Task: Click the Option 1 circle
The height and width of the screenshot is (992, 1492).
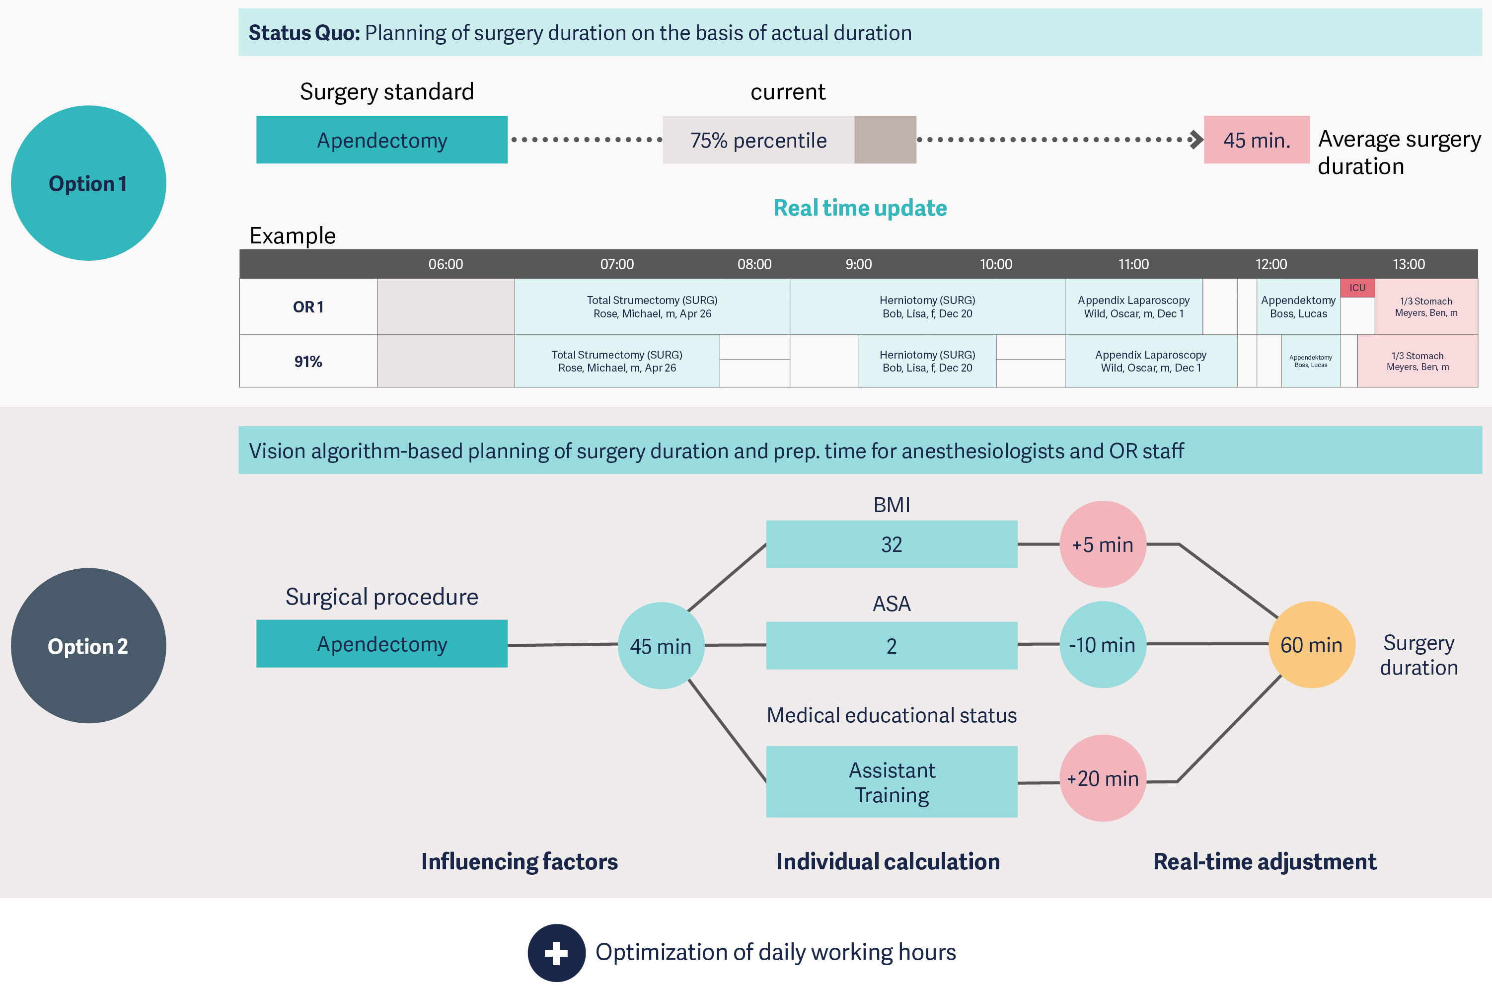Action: (x=88, y=183)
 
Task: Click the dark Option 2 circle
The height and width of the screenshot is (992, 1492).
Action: (x=88, y=645)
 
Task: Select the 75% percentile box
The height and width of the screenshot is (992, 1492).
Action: (x=758, y=140)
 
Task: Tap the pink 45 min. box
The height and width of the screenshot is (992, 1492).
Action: (x=1256, y=140)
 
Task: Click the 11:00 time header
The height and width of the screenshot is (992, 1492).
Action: (x=1133, y=264)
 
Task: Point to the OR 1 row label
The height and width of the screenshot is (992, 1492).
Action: (x=308, y=307)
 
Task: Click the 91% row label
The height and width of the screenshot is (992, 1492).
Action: (x=308, y=361)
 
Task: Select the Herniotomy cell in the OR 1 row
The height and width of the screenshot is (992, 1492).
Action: (x=927, y=307)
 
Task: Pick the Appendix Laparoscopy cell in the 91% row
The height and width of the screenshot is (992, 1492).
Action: (x=1150, y=361)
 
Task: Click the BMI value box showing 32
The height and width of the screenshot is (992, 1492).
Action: (x=891, y=544)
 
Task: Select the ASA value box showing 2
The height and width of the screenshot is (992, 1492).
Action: (x=891, y=645)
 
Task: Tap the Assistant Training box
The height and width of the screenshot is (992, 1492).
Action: (x=891, y=782)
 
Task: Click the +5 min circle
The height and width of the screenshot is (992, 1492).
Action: (x=1103, y=544)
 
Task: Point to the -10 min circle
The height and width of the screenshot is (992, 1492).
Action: (x=1103, y=645)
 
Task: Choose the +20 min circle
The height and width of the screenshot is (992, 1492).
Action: (x=1103, y=778)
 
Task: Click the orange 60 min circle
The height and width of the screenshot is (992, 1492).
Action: (x=1311, y=645)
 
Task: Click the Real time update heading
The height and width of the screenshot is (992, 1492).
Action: (x=860, y=208)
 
